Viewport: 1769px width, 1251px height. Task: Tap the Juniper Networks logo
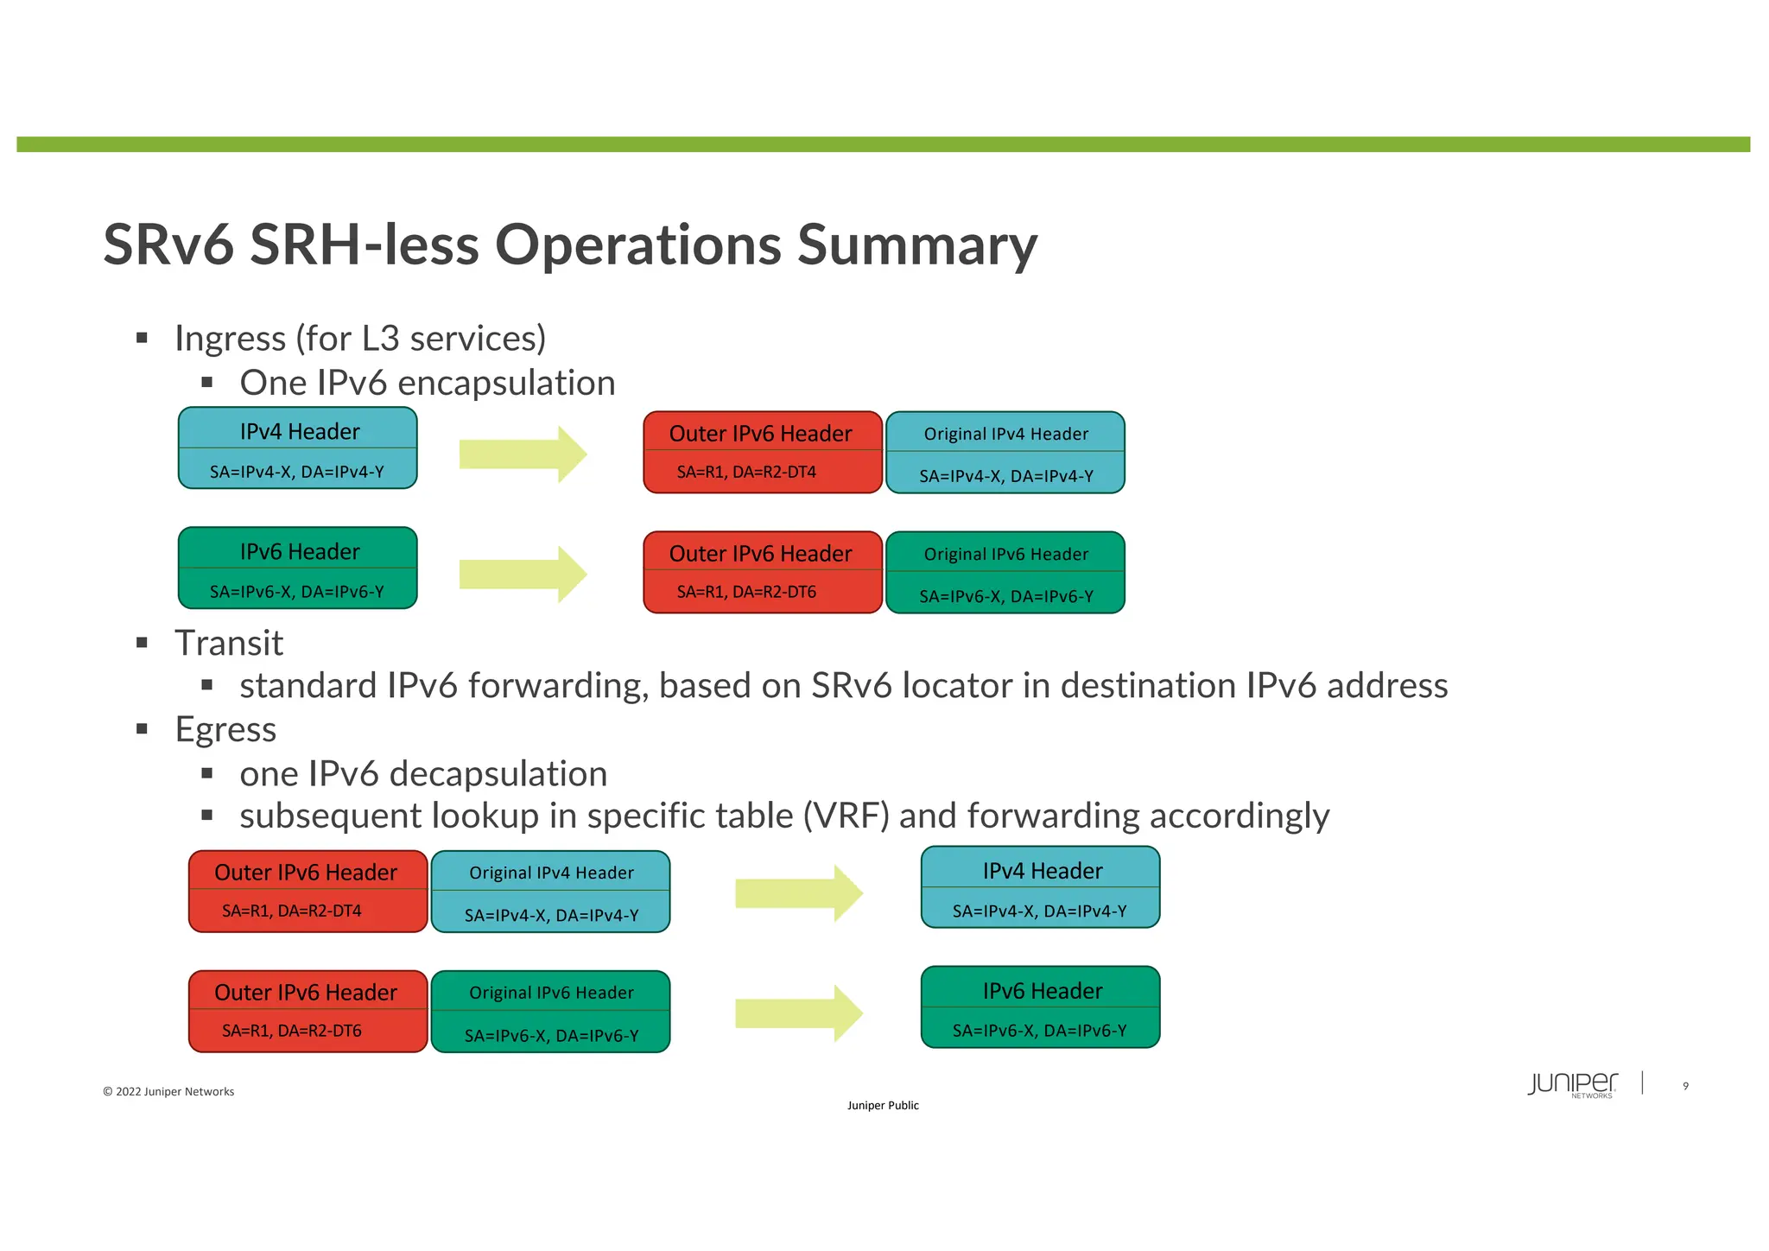coord(1572,1084)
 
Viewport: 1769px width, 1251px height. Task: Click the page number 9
coord(1685,1086)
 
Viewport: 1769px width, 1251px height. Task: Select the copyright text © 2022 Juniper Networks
coord(168,1092)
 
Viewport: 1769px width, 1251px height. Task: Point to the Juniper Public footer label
coord(883,1106)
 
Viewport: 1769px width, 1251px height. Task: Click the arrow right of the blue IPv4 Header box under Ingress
coord(523,454)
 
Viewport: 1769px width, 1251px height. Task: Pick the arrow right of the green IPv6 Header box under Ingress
coord(523,575)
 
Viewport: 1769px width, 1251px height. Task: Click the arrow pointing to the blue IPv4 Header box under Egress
coord(798,893)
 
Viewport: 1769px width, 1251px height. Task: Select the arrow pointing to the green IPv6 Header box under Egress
coord(798,1013)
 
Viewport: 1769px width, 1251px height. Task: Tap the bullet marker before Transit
coord(143,643)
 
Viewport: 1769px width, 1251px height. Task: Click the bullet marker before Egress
coord(143,729)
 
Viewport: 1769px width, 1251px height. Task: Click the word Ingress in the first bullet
coord(230,339)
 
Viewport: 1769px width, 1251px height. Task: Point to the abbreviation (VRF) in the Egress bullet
coord(846,816)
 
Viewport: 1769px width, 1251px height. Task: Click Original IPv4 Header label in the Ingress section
coord(1005,435)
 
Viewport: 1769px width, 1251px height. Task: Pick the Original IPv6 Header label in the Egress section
coord(551,994)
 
